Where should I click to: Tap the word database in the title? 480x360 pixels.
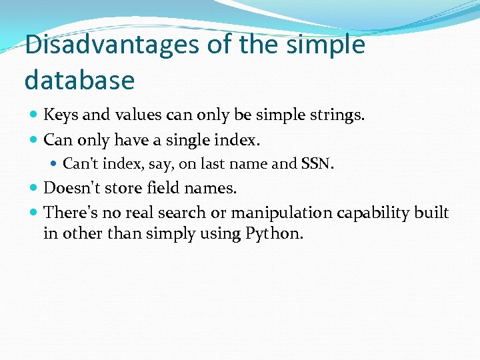click(x=79, y=80)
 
